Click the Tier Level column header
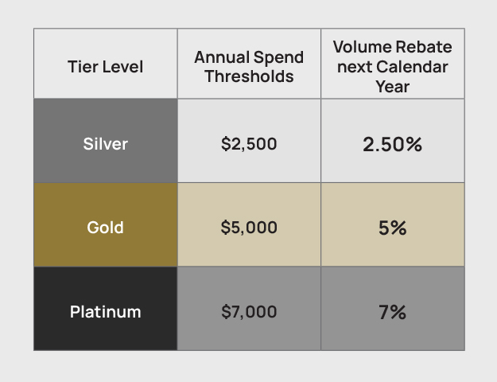coord(106,66)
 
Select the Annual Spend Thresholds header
coord(249,67)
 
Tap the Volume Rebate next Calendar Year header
coord(392,66)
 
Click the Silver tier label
coord(106,144)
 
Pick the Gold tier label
coord(106,228)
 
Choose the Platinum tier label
coord(106,311)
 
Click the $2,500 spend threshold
coord(249,144)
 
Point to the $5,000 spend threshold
coord(249,228)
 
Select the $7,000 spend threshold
coord(249,311)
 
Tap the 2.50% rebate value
coord(392,144)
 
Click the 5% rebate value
coord(392,228)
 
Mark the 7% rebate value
coord(392,311)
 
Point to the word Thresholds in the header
coord(249,76)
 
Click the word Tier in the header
coord(83,66)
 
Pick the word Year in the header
coord(392,85)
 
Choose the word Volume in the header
coord(361,47)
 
